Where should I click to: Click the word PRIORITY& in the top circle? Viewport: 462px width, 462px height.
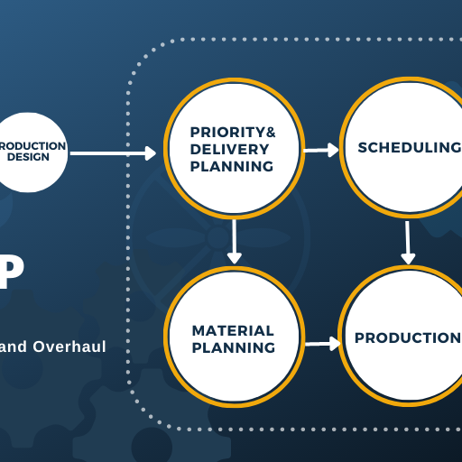(x=233, y=133)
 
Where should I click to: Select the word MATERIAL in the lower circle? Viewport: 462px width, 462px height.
(x=233, y=330)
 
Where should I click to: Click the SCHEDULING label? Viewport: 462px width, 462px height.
(x=409, y=148)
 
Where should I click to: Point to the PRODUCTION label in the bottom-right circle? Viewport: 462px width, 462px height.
(x=407, y=337)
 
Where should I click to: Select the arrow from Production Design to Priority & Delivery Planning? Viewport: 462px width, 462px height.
(x=113, y=153)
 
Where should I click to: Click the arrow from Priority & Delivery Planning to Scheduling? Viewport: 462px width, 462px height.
(x=321, y=150)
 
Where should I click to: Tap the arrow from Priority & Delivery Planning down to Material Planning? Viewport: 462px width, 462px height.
(x=235, y=241)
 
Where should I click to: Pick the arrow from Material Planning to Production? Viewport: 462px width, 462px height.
(x=322, y=343)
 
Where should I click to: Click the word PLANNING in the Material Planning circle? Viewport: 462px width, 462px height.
(x=233, y=347)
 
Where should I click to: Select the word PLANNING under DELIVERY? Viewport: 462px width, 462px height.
(x=232, y=166)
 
